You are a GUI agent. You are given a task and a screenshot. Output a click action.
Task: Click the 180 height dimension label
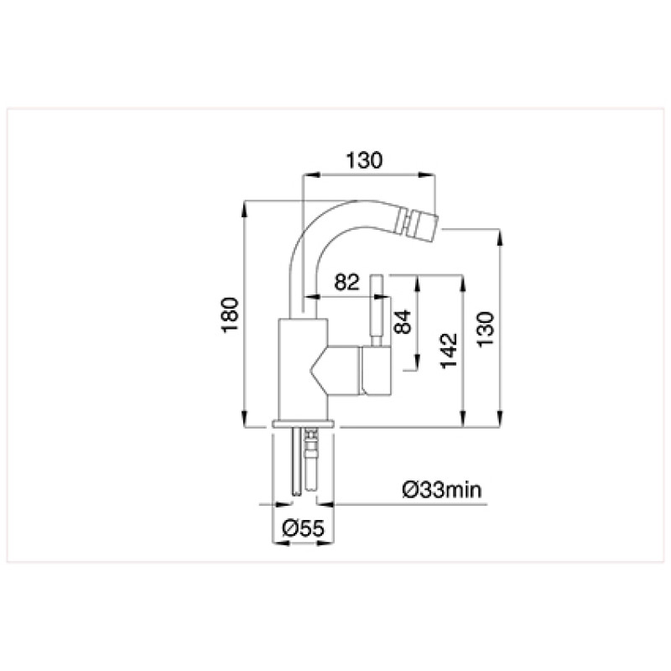coord(230,315)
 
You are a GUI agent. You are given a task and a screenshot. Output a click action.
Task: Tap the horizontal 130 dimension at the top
coord(364,160)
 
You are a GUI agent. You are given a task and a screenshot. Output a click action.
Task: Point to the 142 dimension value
coord(449,351)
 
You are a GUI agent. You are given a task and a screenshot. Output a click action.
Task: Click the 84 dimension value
coord(403,322)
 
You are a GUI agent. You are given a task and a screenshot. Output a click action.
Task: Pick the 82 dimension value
coord(346,282)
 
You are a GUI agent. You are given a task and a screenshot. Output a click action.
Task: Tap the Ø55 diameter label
coord(304,528)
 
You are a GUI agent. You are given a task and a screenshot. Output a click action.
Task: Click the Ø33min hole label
coord(442,490)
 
